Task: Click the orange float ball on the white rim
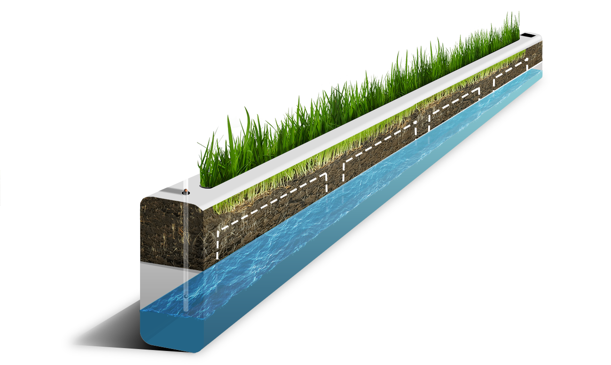186,191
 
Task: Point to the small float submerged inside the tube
186,297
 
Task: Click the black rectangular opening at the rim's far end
528,35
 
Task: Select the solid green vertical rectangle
69,221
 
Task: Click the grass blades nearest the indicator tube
211,164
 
